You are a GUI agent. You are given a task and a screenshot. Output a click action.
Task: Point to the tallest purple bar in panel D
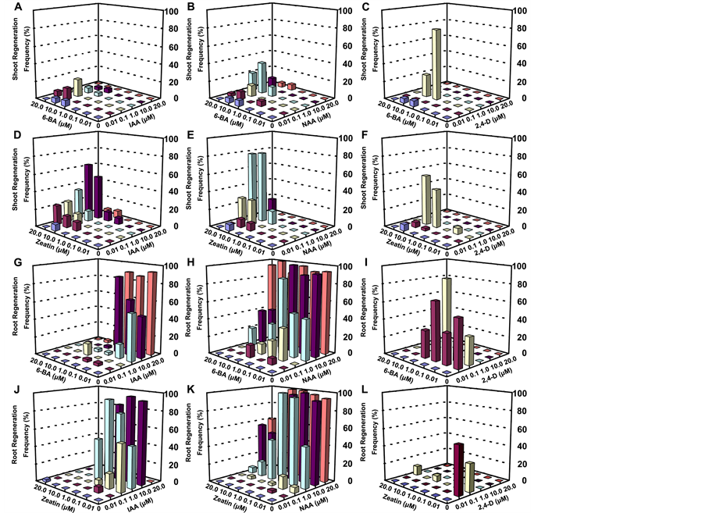coord(88,187)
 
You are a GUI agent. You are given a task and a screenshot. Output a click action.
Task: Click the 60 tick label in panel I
coord(516,300)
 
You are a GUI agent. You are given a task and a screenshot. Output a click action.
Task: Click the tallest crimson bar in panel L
coord(458,468)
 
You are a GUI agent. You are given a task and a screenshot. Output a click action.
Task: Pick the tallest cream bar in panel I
coord(447,312)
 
